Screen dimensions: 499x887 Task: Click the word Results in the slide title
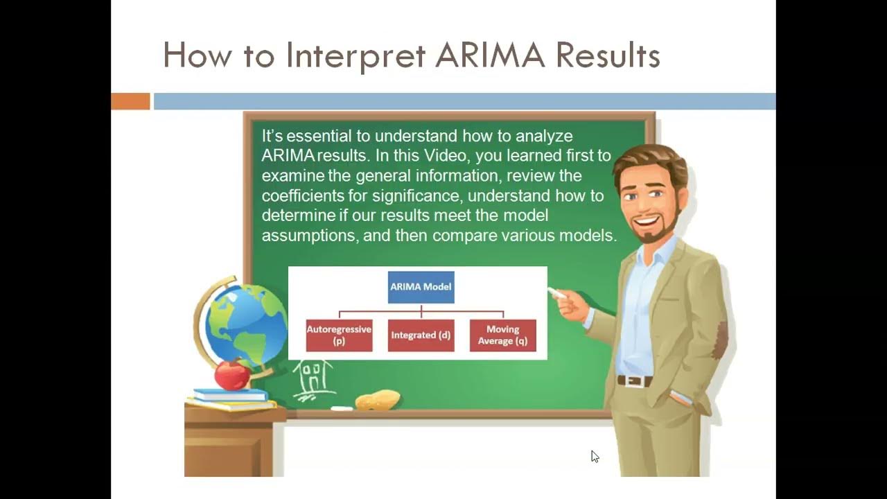(608, 56)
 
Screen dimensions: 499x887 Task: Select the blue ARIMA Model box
(421, 287)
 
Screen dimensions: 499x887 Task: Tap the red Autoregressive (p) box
(340, 335)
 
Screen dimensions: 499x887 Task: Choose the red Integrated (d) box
(421, 335)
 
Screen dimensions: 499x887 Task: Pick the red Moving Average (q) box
(502, 335)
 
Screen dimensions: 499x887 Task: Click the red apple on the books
(232, 375)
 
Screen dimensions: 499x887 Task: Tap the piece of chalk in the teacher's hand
(556, 293)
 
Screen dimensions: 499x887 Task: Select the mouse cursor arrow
(595, 456)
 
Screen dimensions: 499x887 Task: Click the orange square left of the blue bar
(130, 101)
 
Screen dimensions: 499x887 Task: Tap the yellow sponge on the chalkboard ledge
(378, 400)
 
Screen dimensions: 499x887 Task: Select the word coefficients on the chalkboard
(304, 195)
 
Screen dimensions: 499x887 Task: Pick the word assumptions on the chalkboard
(308, 236)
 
